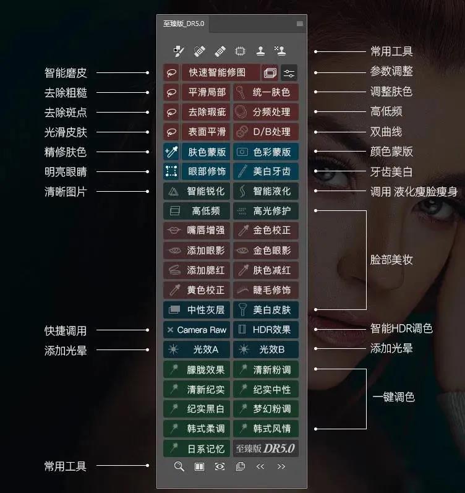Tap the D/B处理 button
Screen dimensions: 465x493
click(x=266, y=132)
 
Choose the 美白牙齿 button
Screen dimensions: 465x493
click(x=266, y=171)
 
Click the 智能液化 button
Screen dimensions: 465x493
click(x=266, y=191)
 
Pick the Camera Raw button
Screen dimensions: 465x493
click(x=196, y=330)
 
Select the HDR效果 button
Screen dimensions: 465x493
click(x=266, y=330)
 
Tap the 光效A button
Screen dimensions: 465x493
click(x=196, y=349)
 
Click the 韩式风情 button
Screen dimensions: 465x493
click(x=266, y=428)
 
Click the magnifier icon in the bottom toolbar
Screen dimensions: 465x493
click(x=179, y=466)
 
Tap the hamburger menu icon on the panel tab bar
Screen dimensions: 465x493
click(x=300, y=24)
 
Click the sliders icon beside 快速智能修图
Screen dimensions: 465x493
click(x=289, y=72)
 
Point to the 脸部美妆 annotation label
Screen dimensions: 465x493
click(x=391, y=260)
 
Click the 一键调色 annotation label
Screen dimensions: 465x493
click(x=393, y=397)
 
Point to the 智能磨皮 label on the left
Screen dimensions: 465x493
click(x=66, y=72)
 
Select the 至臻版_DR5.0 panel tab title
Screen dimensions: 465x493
click(x=184, y=24)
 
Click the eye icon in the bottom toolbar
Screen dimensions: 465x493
click(x=220, y=466)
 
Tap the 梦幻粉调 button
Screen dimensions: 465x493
click(x=266, y=409)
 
